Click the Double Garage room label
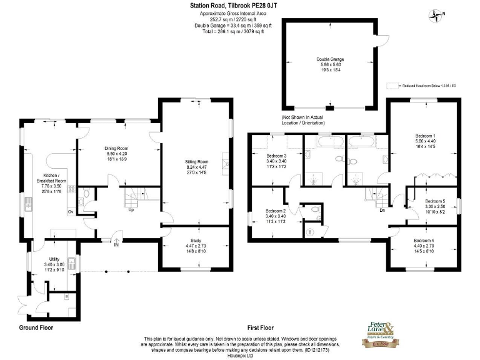(329, 59)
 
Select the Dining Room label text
(116, 149)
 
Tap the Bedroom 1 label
(425, 136)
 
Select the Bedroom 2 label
(276, 211)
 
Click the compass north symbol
(435, 13)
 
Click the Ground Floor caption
(36, 327)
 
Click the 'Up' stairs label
(131, 209)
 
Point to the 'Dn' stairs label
(381, 210)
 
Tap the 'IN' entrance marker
(116, 245)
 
